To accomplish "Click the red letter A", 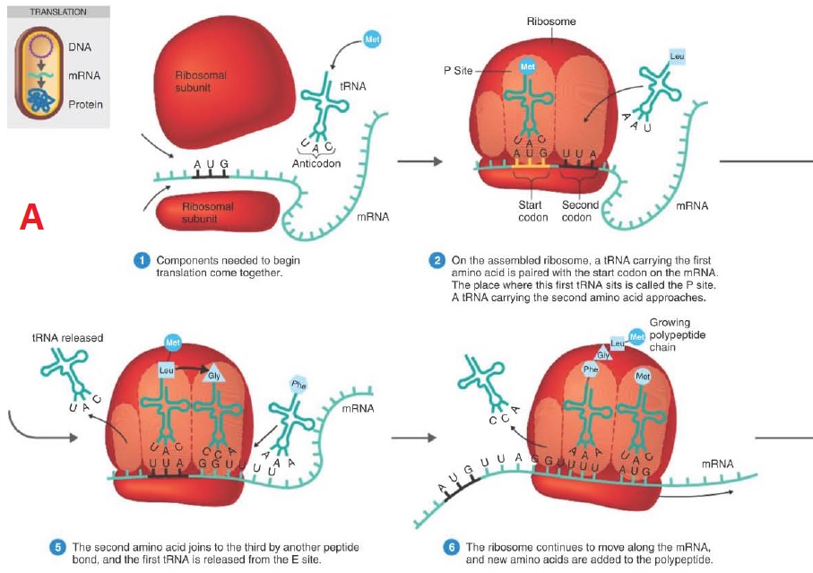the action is click(31, 217).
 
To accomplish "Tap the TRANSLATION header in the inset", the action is click(58, 12).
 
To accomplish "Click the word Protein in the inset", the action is click(85, 104).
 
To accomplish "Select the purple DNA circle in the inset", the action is click(40, 46).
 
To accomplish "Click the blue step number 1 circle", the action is click(142, 260).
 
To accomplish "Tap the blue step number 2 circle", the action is click(437, 260).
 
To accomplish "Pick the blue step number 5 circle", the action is click(57, 548).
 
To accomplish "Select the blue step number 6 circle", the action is click(451, 548).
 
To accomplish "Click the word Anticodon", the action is click(316, 163).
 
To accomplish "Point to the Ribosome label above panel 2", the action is click(551, 22).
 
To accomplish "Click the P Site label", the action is click(458, 71).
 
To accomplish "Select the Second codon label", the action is click(580, 211).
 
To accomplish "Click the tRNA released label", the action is click(67, 337).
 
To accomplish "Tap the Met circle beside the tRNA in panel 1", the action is click(372, 39).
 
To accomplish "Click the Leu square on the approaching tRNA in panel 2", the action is click(677, 56).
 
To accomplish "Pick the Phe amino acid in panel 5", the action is click(298, 385).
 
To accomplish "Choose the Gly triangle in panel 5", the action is click(213, 375).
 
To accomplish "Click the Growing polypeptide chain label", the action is click(677, 334).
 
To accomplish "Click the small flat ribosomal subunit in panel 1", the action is click(218, 211).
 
